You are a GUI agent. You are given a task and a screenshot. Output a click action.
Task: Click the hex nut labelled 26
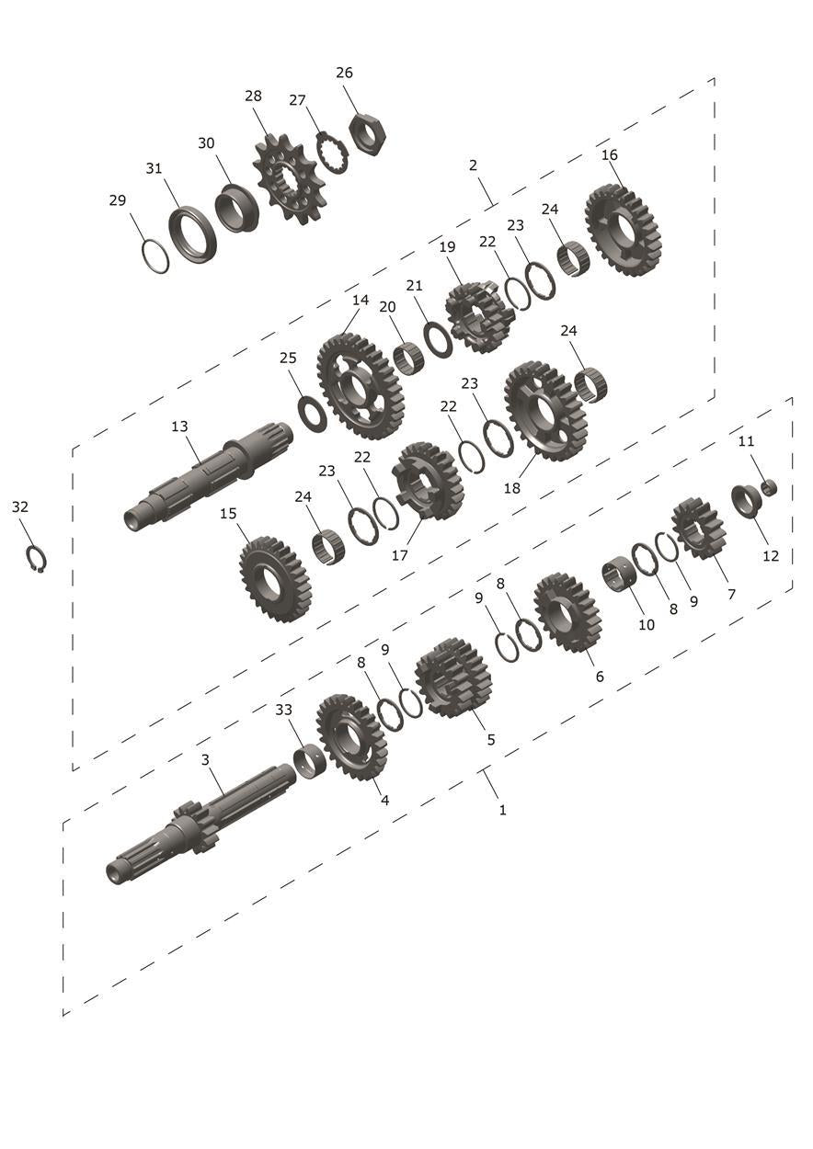click(x=368, y=135)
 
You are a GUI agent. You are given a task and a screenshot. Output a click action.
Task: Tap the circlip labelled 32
click(x=37, y=559)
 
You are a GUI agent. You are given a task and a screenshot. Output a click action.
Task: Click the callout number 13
click(x=179, y=427)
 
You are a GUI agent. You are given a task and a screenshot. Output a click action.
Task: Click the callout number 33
click(x=283, y=710)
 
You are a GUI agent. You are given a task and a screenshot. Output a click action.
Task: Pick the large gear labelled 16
click(x=624, y=231)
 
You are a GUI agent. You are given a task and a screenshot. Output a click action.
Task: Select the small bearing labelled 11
click(x=769, y=487)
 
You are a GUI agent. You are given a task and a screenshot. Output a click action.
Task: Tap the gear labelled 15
click(x=275, y=579)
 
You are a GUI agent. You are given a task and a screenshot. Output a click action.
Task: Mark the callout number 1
click(x=502, y=810)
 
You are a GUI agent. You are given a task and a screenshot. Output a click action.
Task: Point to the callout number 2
click(x=473, y=165)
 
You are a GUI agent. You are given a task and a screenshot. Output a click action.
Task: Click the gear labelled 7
click(x=699, y=529)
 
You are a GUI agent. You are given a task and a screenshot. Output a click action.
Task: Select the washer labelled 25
click(x=312, y=414)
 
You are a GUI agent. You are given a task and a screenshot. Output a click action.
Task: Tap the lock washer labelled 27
click(x=332, y=153)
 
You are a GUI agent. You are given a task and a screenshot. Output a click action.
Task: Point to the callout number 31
click(x=154, y=168)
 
